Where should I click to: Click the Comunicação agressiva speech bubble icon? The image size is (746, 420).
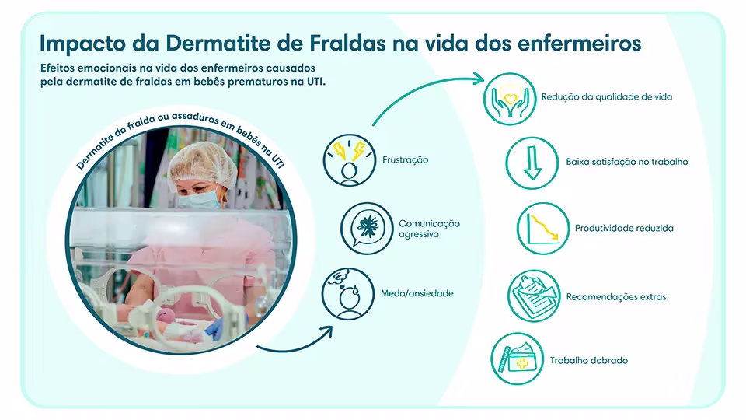(365, 228)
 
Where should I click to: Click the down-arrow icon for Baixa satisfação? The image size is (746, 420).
(532, 163)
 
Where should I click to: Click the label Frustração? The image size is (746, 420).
(406, 160)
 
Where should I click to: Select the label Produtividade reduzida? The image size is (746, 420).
(624, 229)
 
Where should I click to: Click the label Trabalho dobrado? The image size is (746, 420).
(588, 361)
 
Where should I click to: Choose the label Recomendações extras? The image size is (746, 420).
(616, 296)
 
